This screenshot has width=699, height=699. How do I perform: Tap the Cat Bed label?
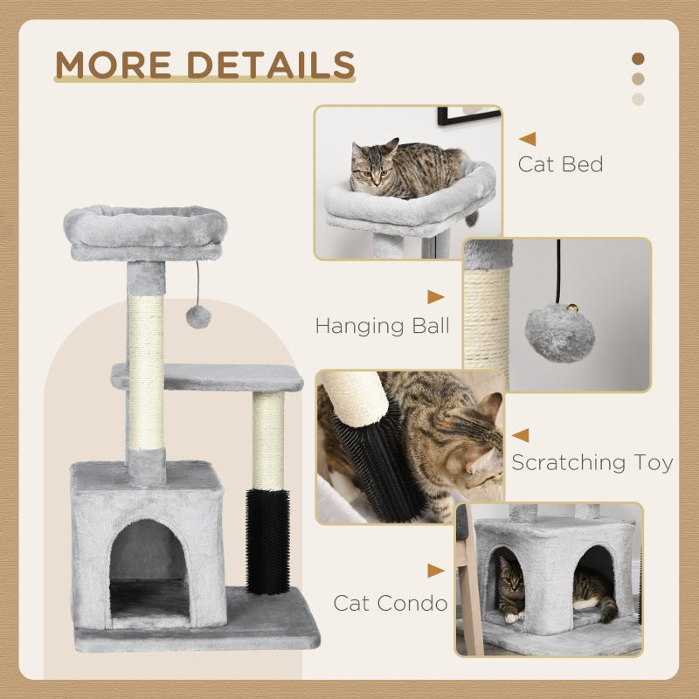tap(560, 163)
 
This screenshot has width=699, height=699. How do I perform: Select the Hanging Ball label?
tap(383, 326)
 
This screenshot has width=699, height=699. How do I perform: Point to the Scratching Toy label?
tap(592, 462)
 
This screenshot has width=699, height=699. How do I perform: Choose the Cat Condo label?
tap(390, 602)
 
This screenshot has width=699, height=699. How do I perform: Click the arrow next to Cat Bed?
tap(527, 138)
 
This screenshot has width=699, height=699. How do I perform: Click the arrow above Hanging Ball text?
tap(435, 297)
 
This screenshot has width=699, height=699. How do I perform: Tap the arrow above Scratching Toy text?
tap(521, 434)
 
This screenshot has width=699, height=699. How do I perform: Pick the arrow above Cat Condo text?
tap(435, 571)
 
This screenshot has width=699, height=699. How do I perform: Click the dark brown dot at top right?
tap(638, 59)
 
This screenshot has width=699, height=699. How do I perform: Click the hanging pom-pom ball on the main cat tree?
tap(198, 316)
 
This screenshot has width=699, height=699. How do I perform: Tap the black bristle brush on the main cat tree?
tap(268, 542)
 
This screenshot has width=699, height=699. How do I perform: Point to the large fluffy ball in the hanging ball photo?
tap(559, 333)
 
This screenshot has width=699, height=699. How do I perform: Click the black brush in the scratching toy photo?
tap(366, 454)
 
